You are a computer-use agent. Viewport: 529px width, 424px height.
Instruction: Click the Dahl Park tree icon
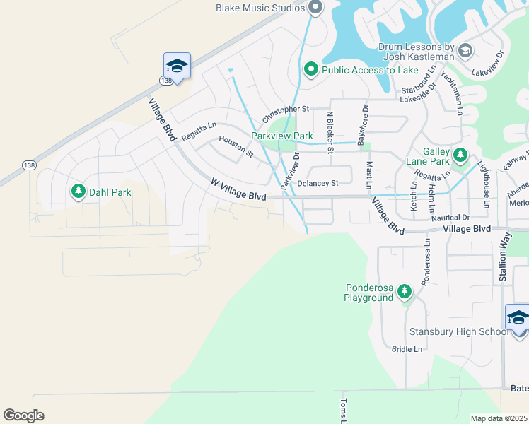click(x=78, y=192)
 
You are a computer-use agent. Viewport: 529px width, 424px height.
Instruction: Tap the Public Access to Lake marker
click(x=310, y=70)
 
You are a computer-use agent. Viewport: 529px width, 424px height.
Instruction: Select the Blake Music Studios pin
click(x=315, y=8)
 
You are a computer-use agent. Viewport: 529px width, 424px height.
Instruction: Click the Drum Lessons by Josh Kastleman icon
click(x=465, y=50)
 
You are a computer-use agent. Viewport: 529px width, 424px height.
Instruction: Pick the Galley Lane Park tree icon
click(x=460, y=154)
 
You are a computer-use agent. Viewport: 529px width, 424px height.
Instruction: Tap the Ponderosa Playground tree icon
click(x=404, y=291)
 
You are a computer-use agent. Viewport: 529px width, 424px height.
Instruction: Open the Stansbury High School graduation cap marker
click(x=518, y=317)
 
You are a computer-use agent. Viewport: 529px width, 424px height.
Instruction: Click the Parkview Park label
click(x=282, y=136)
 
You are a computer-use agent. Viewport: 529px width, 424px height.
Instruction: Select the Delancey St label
click(x=318, y=183)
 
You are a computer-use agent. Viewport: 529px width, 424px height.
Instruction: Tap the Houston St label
click(x=236, y=146)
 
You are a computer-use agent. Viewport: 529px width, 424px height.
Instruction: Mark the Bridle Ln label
click(x=407, y=349)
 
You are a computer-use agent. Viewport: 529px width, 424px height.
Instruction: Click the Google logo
click(x=23, y=416)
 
